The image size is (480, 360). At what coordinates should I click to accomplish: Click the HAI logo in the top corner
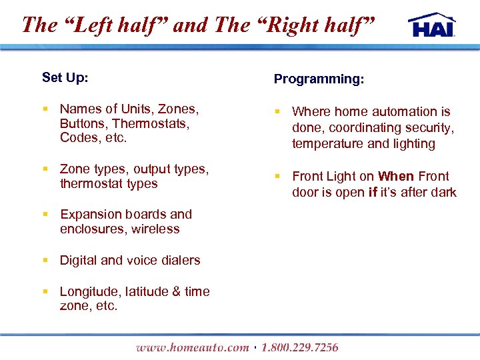[432, 24]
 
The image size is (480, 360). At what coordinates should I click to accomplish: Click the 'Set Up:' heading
[65, 77]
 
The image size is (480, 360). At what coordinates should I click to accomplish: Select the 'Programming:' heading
[319, 79]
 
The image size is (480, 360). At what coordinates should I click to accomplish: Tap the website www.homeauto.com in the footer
[192, 347]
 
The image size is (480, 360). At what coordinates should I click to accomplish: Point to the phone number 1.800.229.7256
[300, 347]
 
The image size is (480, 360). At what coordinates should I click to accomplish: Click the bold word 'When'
[396, 177]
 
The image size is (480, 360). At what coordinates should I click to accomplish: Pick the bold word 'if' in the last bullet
[372, 193]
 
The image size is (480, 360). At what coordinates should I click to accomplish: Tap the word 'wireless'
[155, 229]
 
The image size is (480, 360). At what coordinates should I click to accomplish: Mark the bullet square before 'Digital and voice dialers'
[45, 261]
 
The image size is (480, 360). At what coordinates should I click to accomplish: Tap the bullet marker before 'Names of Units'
[45, 109]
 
